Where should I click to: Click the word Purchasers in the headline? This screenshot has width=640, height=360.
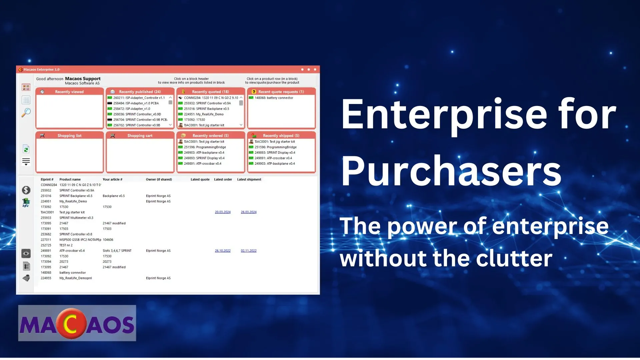point(451,171)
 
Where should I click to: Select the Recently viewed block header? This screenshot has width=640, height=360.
point(69,92)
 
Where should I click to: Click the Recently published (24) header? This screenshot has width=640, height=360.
point(140,92)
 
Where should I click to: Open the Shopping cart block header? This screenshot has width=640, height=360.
point(140,136)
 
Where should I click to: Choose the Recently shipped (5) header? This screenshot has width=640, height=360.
point(281,136)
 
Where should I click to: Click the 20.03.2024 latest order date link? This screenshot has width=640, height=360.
point(223,212)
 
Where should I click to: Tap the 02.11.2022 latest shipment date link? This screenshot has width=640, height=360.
point(249,251)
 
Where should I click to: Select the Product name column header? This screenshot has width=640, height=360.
point(70,179)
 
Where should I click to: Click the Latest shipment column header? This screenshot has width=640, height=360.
point(249,179)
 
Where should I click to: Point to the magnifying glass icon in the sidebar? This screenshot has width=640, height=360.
point(26,113)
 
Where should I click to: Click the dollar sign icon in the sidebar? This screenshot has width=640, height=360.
point(26,190)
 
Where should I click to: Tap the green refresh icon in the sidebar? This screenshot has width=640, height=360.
point(26,149)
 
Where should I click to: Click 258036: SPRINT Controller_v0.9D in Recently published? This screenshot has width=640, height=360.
point(137,114)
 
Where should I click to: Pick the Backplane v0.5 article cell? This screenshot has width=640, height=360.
point(114,196)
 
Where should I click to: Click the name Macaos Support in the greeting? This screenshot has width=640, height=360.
point(83,79)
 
